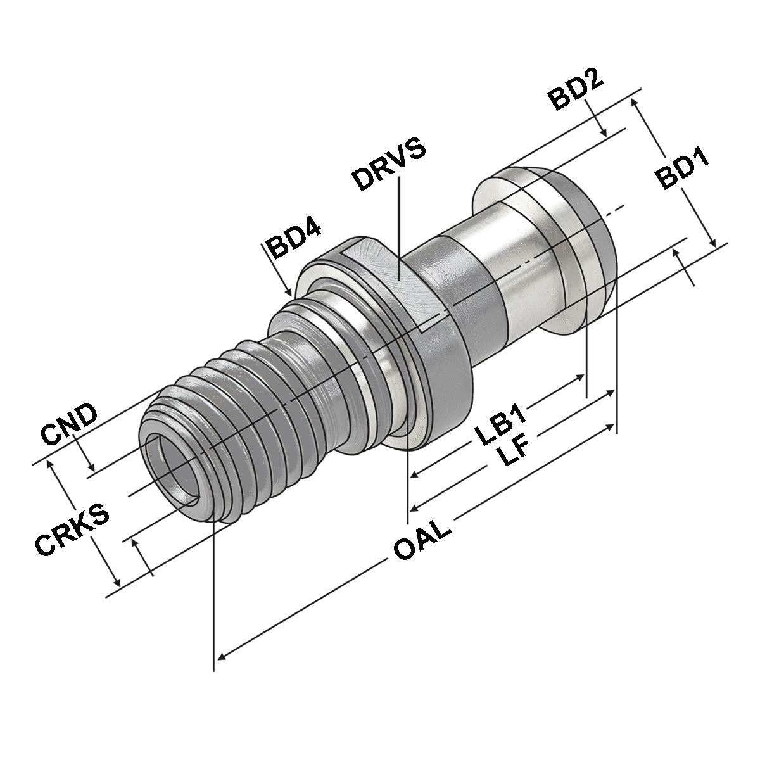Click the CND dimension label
point(68,423)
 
